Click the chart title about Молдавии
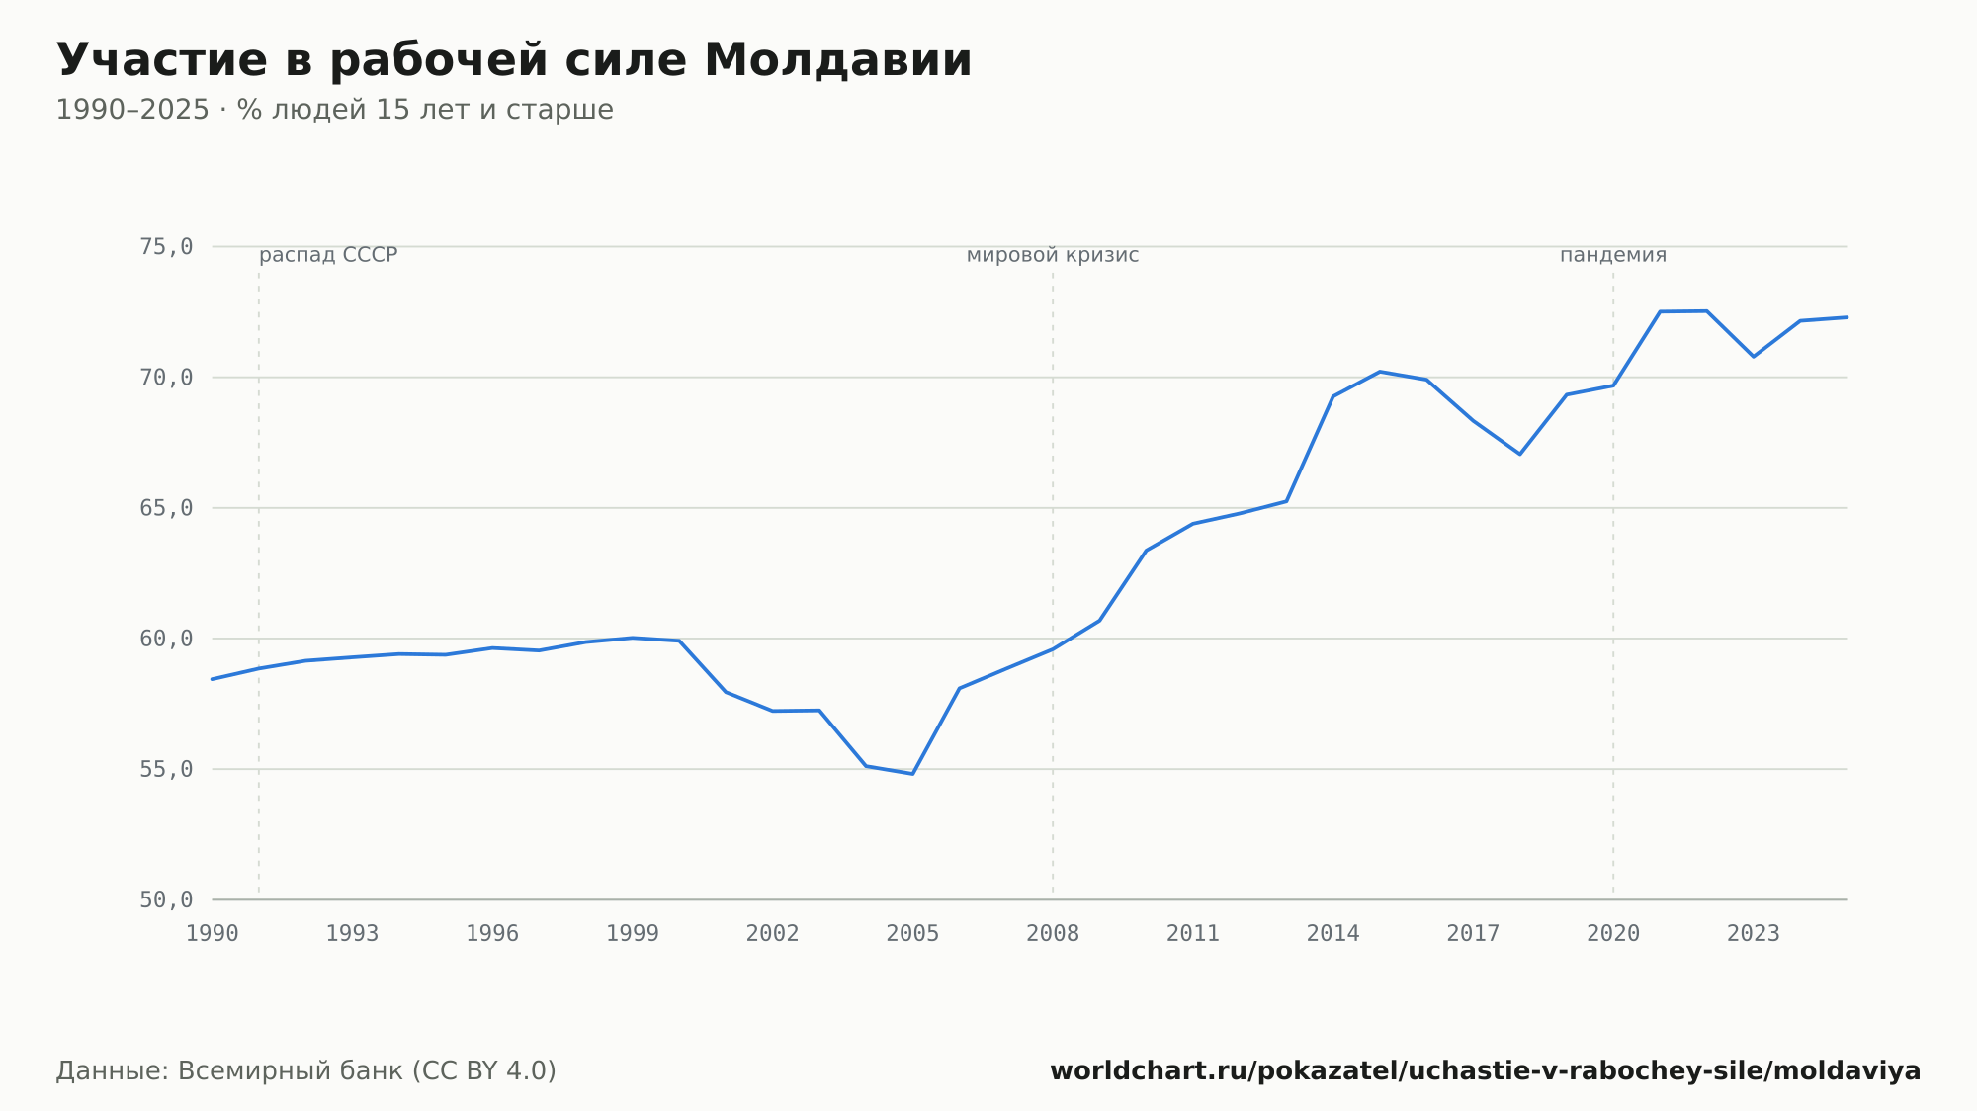coord(514,60)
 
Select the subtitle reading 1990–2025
coord(334,110)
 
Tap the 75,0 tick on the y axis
coord(166,247)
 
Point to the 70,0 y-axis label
coord(166,378)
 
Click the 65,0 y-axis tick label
coord(166,508)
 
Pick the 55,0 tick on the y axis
coord(166,769)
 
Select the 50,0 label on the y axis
coord(166,899)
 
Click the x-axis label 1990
coord(213,934)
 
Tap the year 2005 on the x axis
coord(912,934)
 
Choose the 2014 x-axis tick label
coord(1332,934)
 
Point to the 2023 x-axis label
coord(1753,934)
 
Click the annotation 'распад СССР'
coord(328,255)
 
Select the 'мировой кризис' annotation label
coord(1053,255)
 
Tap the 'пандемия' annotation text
coord(1613,255)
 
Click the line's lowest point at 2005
coord(912,774)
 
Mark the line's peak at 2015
coord(1380,372)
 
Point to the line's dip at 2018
coord(1519,454)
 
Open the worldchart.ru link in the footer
coord(1485,1071)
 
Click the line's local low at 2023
coord(1753,356)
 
